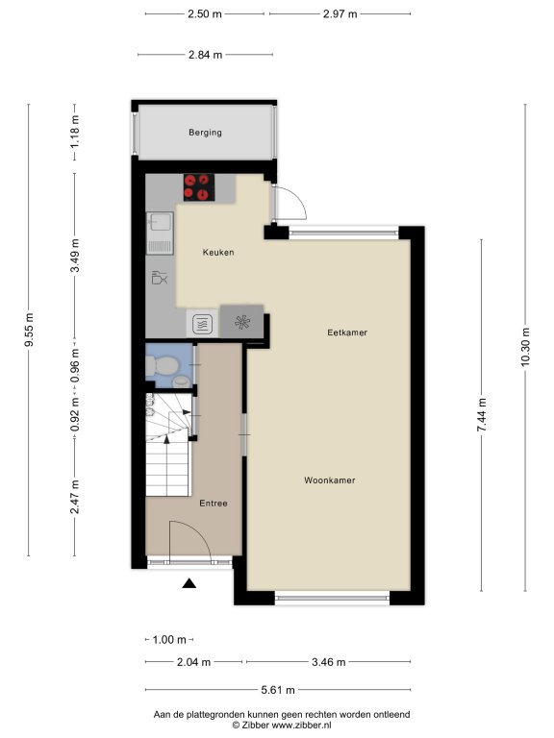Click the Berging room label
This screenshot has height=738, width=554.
coord(205,133)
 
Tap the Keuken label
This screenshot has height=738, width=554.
coord(218,253)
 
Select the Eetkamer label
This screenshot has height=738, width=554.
coord(347,332)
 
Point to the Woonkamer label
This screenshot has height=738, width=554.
coord(329,480)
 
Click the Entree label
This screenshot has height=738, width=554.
coord(214,504)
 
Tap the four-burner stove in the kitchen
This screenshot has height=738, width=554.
coord(199,187)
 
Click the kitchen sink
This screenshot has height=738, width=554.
coord(161,233)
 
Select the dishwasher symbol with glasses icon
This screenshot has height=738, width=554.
coord(160,277)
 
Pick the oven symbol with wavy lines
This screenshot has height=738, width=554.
coord(203,324)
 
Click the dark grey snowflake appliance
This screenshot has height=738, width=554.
coord(242,322)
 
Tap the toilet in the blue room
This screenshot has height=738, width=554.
coord(162,365)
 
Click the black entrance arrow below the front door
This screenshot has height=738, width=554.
coord(189,583)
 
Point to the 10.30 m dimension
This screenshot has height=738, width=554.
coord(526,347)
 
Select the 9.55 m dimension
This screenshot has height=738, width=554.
coord(29,330)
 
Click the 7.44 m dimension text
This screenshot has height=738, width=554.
coord(482,415)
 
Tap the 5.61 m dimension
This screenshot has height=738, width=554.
coord(278,690)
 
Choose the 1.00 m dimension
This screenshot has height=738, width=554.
coord(169,640)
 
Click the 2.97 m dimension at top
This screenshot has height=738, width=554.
coord(340,14)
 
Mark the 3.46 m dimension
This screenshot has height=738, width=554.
coord(329,662)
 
